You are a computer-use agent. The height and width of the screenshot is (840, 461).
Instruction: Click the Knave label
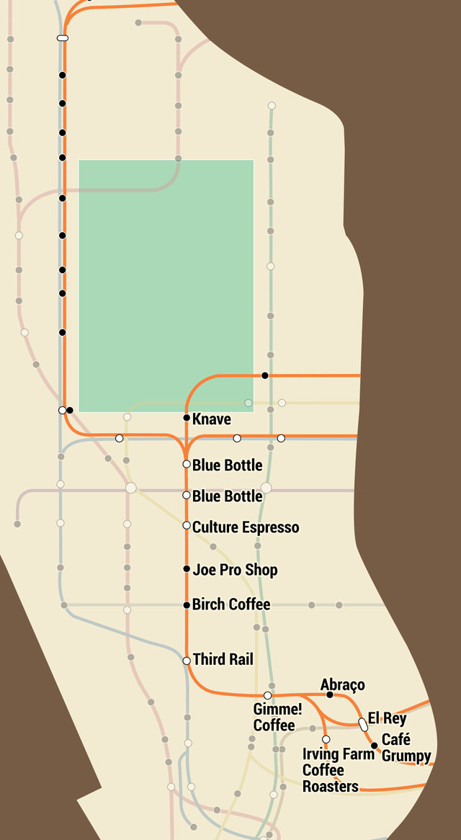pos(212,419)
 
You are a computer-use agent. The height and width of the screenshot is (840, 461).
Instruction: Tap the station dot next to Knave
pos(187,418)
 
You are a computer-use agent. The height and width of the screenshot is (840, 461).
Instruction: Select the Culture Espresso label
pos(245,527)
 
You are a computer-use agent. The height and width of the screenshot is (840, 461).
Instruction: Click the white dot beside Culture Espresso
pos(187,525)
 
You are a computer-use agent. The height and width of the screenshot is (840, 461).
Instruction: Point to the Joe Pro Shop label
pos(235,570)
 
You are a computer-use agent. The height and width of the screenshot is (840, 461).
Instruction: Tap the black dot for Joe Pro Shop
pos(187,569)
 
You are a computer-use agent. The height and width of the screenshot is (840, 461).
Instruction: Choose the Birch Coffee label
pos(231,604)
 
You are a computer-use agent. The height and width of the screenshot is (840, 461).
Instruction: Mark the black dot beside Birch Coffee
pos(187,604)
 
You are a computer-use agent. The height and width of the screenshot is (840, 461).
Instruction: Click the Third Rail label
pos(223,659)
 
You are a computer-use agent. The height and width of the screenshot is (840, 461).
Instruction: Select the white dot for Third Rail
pos(187,661)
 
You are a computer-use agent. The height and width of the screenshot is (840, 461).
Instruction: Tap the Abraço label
pos(343,684)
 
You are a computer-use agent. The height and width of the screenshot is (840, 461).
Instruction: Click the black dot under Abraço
pos(330,694)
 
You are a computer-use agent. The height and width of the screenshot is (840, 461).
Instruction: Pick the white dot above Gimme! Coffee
pos(267,695)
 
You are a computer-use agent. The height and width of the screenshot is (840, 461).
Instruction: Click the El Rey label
pos(387,718)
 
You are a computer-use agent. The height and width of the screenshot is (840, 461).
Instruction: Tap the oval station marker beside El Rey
pos(364,724)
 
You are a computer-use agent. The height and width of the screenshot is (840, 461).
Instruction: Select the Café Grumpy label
pos(406,748)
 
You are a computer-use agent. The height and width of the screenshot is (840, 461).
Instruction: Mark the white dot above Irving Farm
pos(326,739)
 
